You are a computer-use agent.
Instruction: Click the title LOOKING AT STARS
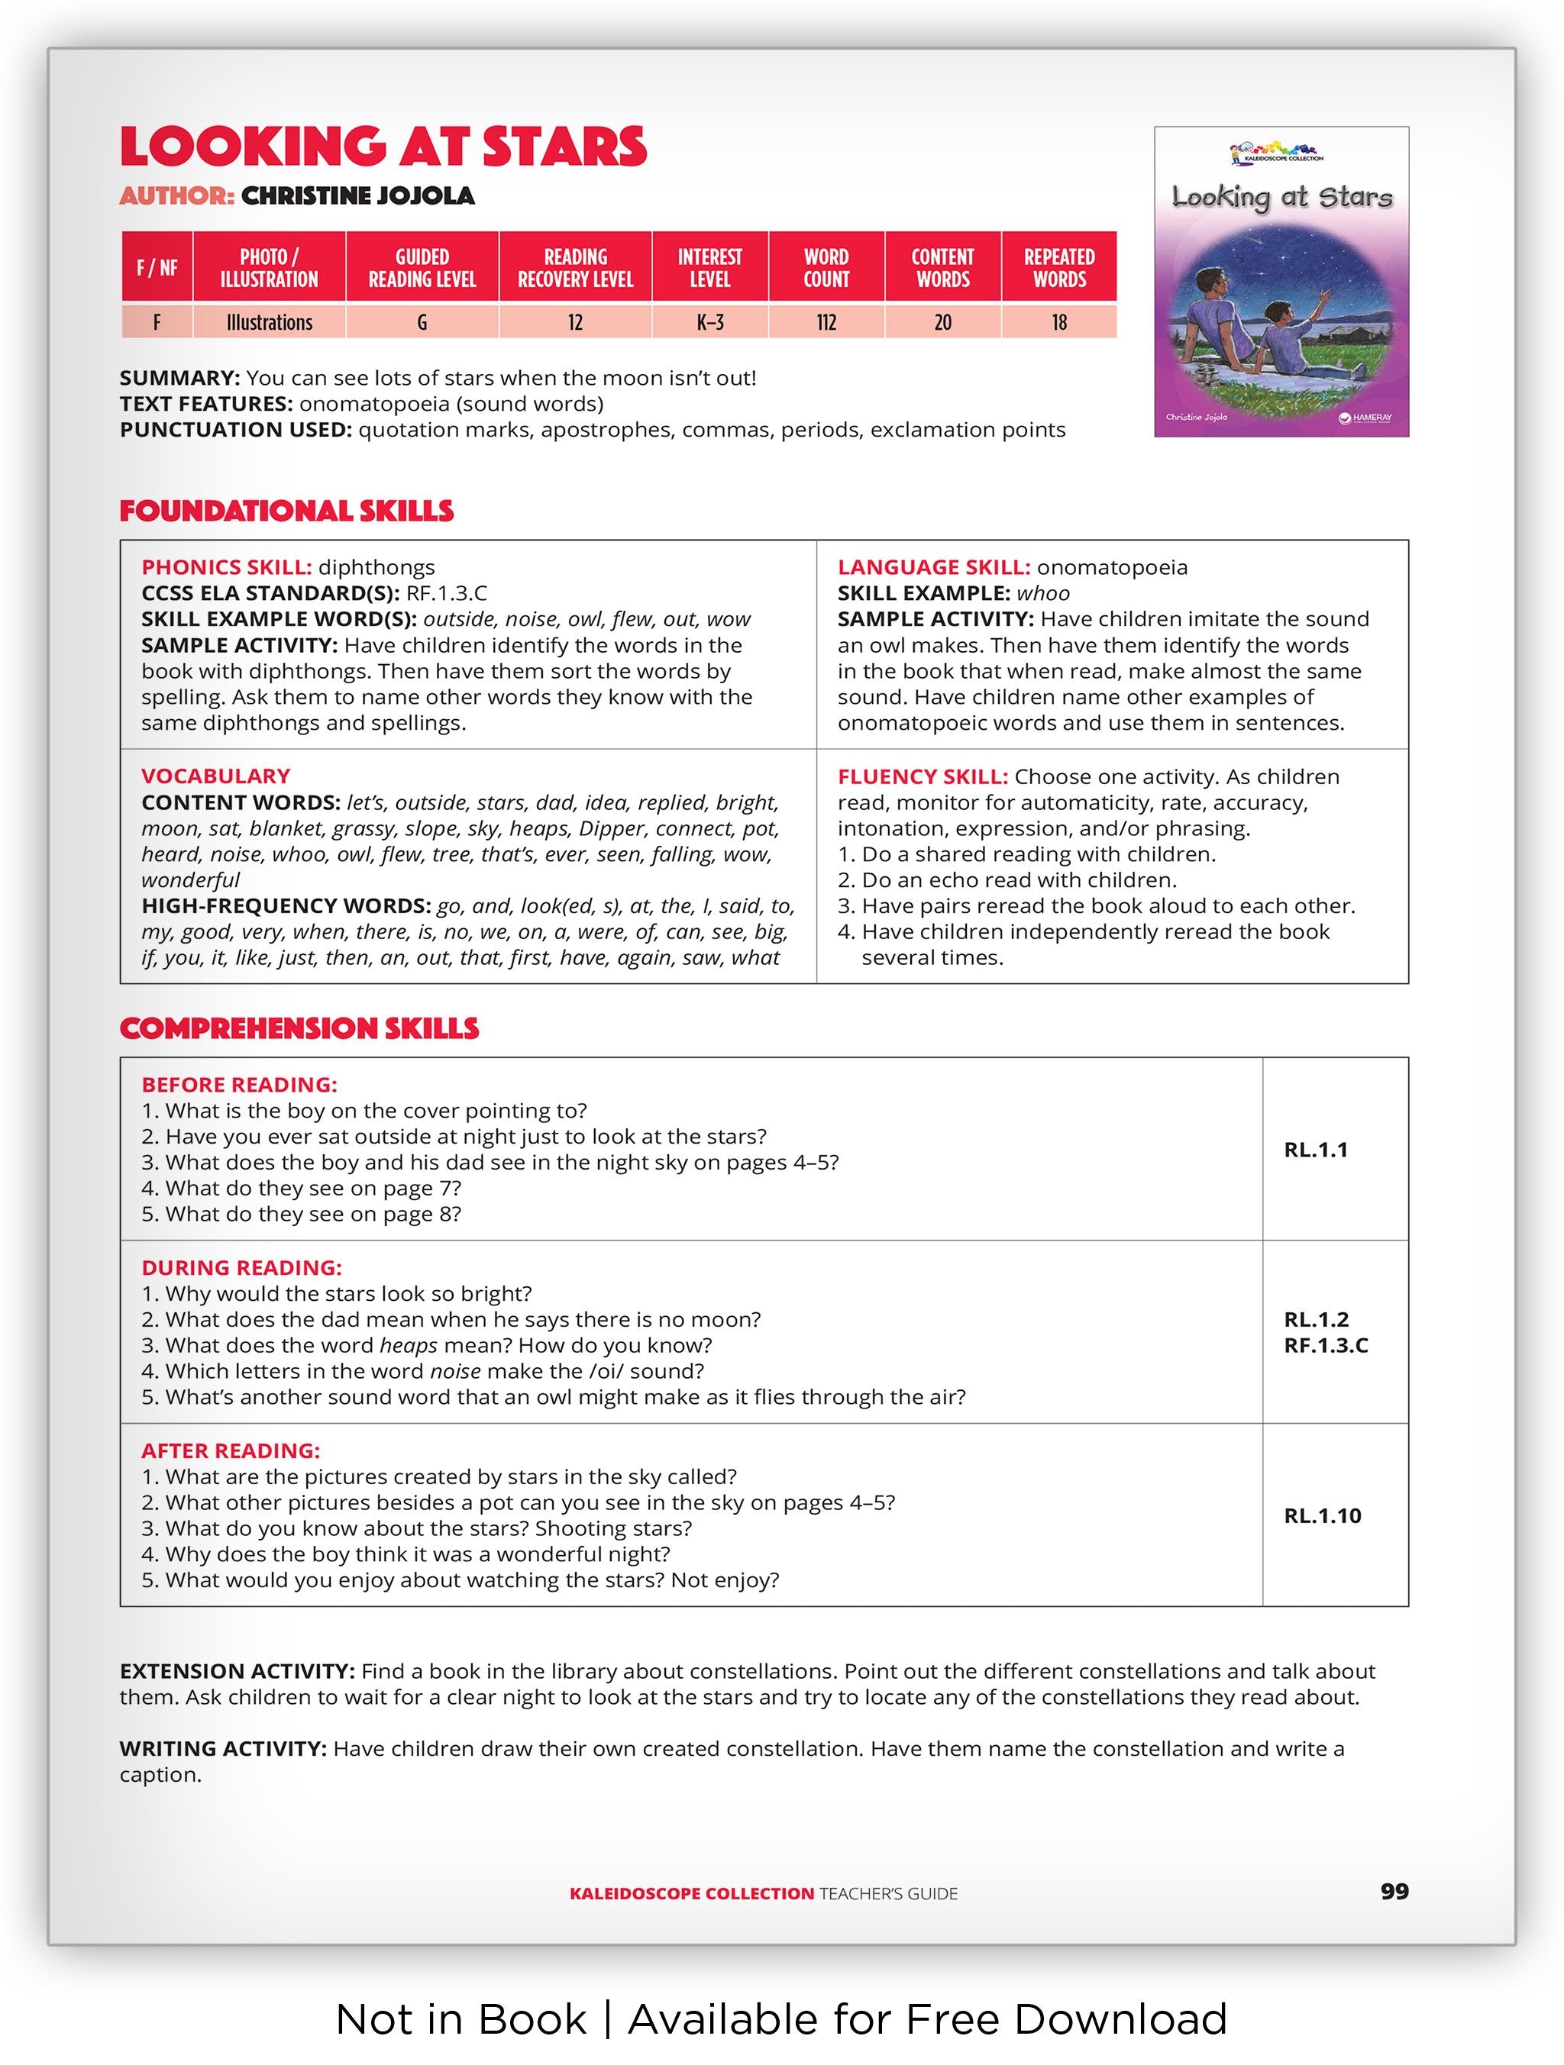[383, 147]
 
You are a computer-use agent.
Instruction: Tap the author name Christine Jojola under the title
[357, 196]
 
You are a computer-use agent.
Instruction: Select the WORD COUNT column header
[826, 268]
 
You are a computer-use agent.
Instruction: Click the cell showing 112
[826, 323]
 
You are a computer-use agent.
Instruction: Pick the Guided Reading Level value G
[422, 323]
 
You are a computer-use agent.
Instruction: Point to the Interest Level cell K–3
[709, 323]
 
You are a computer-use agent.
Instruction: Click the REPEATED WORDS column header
[1059, 268]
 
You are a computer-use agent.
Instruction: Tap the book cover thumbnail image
[1281, 282]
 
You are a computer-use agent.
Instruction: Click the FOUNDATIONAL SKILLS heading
[286, 511]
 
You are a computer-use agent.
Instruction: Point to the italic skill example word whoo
[1043, 594]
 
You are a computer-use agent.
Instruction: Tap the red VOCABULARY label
[215, 776]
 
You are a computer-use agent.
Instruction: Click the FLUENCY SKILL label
[923, 776]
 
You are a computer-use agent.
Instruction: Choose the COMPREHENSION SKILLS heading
[299, 1029]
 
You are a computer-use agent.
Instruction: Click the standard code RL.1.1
[1316, 1150]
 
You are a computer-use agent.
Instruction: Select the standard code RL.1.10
[1322, 1516]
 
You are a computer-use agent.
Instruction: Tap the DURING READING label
[242, 1268]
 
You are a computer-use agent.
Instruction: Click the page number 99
[1394, 1892]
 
